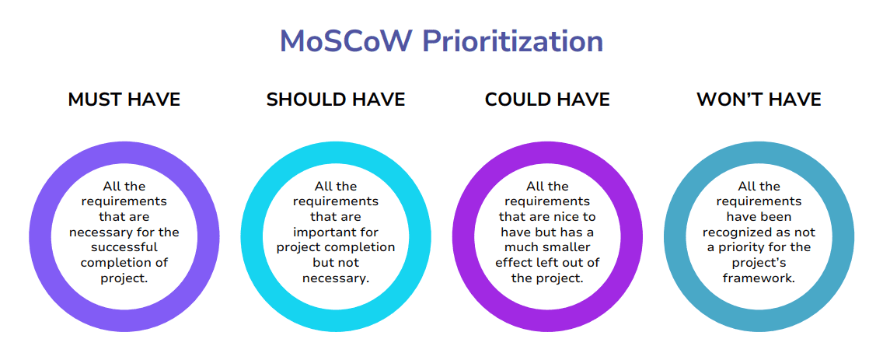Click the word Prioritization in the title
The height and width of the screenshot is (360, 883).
(513, 40)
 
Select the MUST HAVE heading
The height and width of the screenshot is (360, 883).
(124, 100)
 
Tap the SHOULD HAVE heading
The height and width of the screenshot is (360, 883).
(336, 100)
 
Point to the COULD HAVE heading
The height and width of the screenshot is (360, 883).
(547, 100)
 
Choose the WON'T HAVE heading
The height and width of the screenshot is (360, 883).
(759, 100)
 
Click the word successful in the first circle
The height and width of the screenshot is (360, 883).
(124, 247)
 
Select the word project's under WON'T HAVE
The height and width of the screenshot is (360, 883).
(759, 263)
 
